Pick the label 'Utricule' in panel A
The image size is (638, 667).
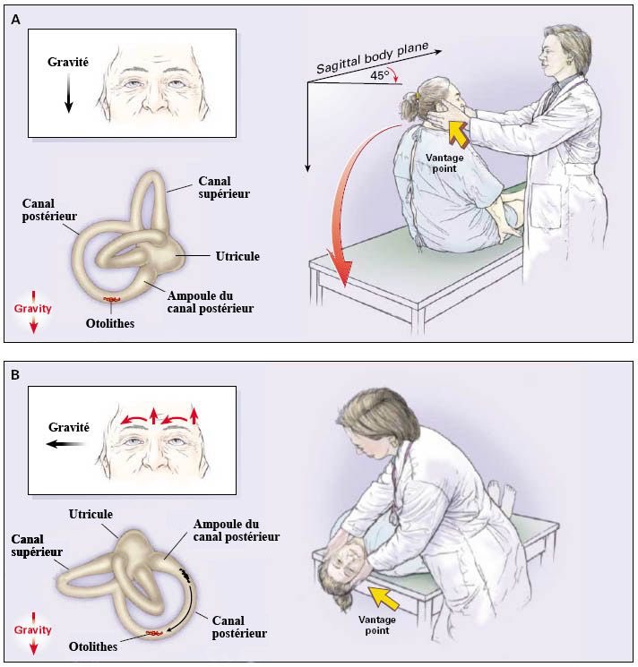pos(237,256)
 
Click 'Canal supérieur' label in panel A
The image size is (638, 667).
pos(225,189)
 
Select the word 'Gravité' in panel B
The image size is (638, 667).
pos(68,427)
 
